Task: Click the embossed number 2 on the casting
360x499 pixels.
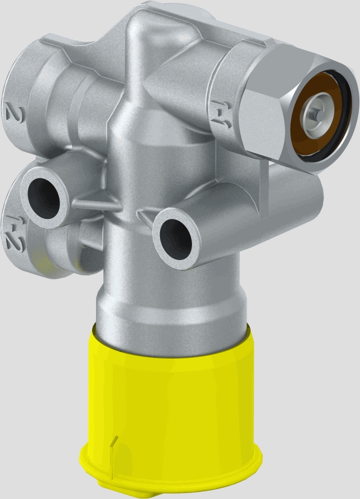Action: [x=12, y=113]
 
